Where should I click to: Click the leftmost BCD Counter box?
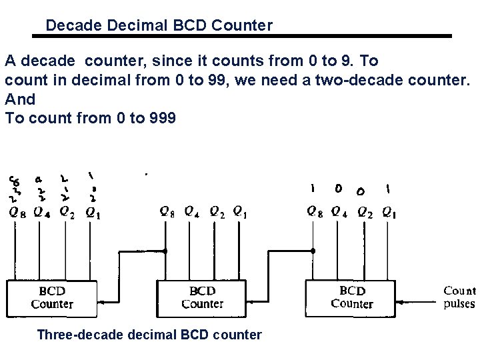[51, 298]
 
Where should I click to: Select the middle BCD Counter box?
[202, 298]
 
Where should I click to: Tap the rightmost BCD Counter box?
[351, 297]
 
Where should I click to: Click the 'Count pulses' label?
[459, 297]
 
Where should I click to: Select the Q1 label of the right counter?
[389, 213]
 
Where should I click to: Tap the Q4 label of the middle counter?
[192, 213]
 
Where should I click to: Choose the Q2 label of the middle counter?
[217, 213]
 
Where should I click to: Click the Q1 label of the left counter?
[94, 213]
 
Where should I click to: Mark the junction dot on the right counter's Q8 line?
[313, 251]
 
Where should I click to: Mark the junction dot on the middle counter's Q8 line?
[165, 251]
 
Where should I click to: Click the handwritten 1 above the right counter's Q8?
[312, 189]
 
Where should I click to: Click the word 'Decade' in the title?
[70, 26]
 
